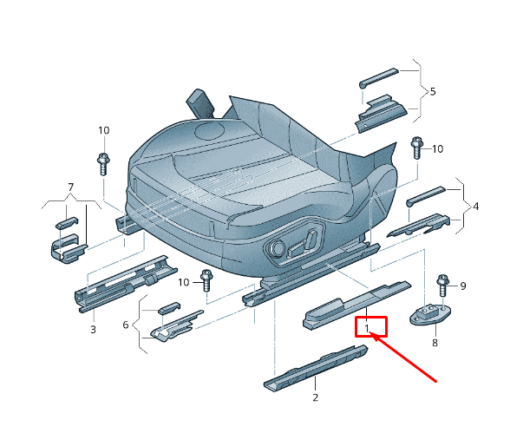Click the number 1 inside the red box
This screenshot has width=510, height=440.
[x=368, y=328]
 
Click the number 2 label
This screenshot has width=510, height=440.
[x=315, y=397]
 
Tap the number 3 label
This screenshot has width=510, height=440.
[x=93, y=330]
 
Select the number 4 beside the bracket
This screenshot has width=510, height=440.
[x=475, y=207]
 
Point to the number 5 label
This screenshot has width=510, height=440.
[x=433, y=91]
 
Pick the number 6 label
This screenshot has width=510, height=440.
[x=126, y=325]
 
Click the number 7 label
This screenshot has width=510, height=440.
[x=71, y=187]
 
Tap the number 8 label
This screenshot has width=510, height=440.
[x=435, y=343]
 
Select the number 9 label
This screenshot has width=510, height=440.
[x=462, y=286]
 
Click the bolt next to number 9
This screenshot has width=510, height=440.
[x=442, y=285]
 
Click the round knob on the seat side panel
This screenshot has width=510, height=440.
[x=278, y=250]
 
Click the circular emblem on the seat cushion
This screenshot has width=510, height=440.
[x=211, y=132]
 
